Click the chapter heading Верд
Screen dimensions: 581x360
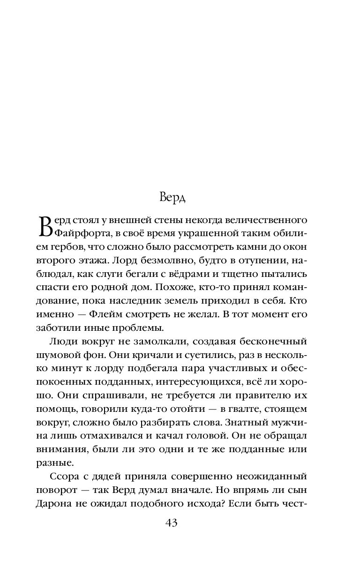click(x=172, y=197)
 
